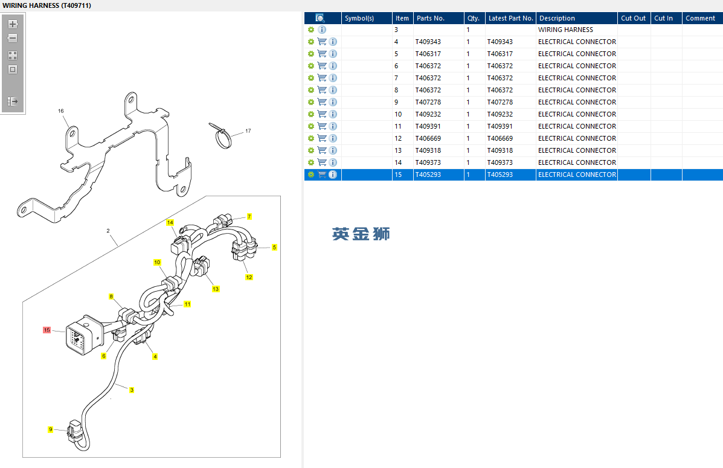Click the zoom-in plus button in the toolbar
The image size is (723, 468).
pyautogui.click(x=13, y=24)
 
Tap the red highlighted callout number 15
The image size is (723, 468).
pyautogui.click(x=47, y=330)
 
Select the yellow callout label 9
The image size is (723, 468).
pyautogui.click(x=51, y=429)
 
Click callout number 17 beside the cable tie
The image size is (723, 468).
pyautogui.click(x=248, y=131)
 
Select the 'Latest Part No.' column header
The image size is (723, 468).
pyautogui.click(x=510, y=18)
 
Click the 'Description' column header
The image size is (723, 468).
pyautogui.click(x=557, y=18)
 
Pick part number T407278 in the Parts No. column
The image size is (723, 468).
pyautogui.click(x=428, y=102)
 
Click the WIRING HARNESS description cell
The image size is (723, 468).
pyautogui.click(x=565, y=30)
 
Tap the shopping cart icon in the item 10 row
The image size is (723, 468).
pyautogui.click(x=322, y=114)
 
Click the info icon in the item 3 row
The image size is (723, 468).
pyautogui.click(x=322, y=30)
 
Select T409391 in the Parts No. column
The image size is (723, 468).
pyautogui.click(x=428, y=126)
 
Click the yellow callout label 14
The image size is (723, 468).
pyautogui.click(x=170, y=222)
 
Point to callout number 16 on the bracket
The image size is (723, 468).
pyautogui.click(x=61, y=111)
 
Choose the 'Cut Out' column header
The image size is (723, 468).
pyautogui.click(x=633, y=18)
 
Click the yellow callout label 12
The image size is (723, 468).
pyautogui.click(x=249, y=277)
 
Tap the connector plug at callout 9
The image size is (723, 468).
pyautogui.click(x=74, y=430)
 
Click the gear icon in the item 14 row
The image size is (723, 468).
pyautogui.click(x=311, y=162)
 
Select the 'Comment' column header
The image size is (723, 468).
pyautogui.click(x=700, y=18)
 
